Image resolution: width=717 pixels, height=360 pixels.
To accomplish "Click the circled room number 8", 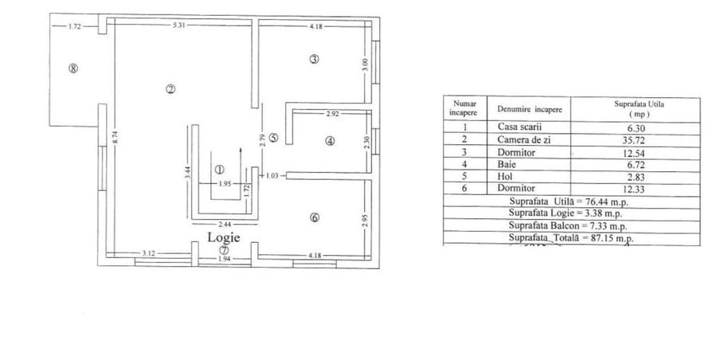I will pos(73,68).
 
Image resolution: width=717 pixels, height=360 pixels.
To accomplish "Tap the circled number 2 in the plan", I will pos(170,88).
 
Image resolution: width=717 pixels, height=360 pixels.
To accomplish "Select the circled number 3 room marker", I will pos(315,59).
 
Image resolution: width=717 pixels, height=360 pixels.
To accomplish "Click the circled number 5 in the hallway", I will pos(273,138).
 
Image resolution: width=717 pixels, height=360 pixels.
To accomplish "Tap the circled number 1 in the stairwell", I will pos(219,169).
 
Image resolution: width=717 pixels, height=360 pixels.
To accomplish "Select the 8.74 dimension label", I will pos(115,136).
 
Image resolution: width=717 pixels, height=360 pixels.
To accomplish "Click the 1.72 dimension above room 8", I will pos(75,26).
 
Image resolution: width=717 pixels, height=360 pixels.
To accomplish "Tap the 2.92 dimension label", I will pos(332,115).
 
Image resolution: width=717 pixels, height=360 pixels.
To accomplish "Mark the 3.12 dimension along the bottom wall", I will pos(148,253).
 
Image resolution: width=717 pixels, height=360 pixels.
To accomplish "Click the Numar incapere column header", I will pos(464,108).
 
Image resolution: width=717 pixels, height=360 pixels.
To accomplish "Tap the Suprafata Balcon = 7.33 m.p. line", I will pos(570,226).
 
